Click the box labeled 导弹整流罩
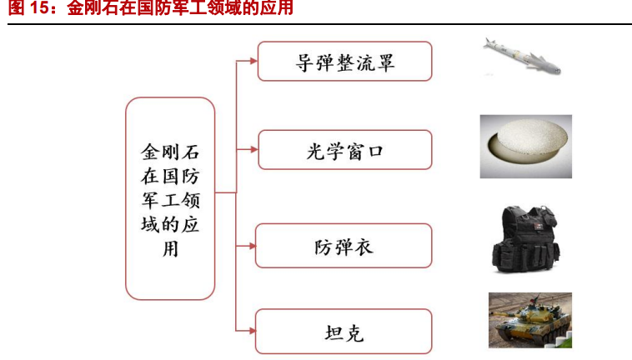pyautogui.click(x=344, y=61)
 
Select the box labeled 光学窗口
pyautogui.click(x=344, y=150)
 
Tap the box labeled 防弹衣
pyautogui.click(x=344, y=246)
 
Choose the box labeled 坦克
pyautogui.click(x=344, y=332)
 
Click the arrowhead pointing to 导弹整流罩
pyautogui.click(x=253, y=61)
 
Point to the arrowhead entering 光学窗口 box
pyautogui.click(x=253, y=150)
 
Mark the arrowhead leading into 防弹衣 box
pyautogui.click(x=252, y=246)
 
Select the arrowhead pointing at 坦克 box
pyautogui.click(x=252, y=331)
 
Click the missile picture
pyautogui.click(x=522, y=57)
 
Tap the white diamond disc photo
pyautogui.click(x=525, y=147)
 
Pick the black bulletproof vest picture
pyautogui.click(x=525, y=239)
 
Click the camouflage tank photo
pyautogui.click(x=530, y=320)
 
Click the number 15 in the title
pyautogui.click(x=38, y=8)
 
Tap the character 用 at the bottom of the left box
pyautogui.click(x=170, y=249)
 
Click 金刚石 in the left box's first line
pyautogui.click(x=170, y=152)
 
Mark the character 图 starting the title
pyautogui.click(x=16, y=8)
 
